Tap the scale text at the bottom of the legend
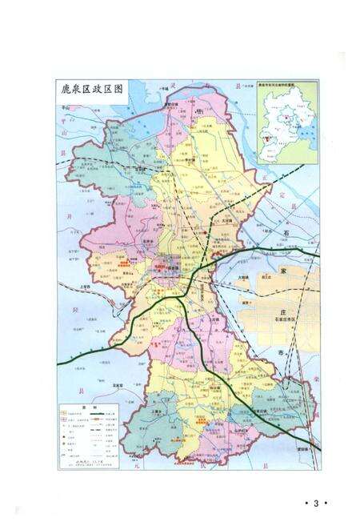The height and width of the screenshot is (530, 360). pos(83,463)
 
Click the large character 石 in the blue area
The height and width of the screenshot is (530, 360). pos(286,233)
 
